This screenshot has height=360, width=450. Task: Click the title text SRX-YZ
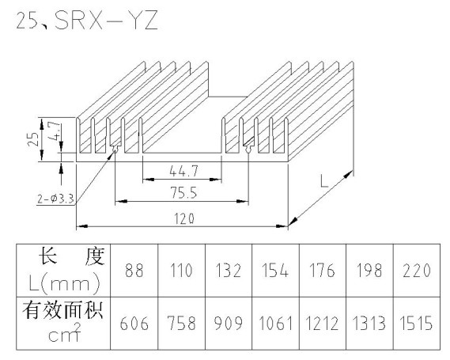106,21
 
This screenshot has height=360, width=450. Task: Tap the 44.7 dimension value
183,172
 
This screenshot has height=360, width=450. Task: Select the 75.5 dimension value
184,192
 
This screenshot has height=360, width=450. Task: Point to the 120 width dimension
184,218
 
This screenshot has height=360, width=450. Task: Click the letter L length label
324,181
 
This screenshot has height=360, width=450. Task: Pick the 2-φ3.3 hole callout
55,199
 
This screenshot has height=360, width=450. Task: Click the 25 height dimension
33,139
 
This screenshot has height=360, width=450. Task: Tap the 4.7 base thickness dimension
55,131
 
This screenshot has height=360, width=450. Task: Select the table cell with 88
134,271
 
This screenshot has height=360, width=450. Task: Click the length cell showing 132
229,271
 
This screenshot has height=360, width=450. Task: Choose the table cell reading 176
323,271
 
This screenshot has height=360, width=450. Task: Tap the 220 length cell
417,271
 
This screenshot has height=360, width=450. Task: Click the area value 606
134,324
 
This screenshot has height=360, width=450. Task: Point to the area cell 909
229,324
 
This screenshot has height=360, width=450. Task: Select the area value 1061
275,324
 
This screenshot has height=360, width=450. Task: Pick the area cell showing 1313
369,324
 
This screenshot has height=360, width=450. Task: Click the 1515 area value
416,324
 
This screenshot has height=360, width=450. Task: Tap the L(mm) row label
65,283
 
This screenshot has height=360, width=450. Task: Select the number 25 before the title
27,21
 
